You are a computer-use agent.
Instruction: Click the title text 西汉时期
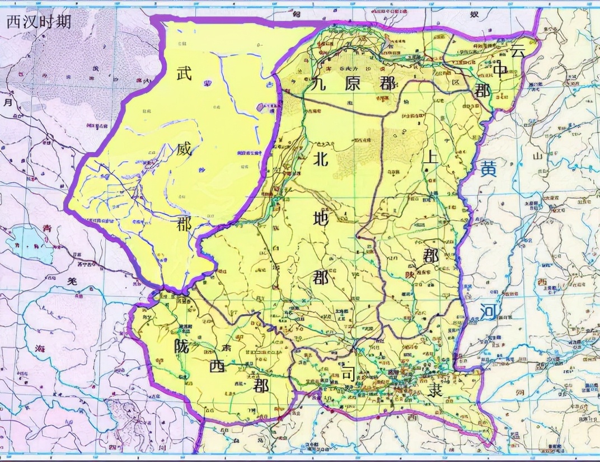(x=39, y=21)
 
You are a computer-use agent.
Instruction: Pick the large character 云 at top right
(x=517, y=50)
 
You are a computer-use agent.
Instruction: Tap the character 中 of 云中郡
(x=500, y=69)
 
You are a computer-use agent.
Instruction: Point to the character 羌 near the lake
(x=72, y=283)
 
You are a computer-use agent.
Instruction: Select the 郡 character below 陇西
(x=260, y=386)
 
